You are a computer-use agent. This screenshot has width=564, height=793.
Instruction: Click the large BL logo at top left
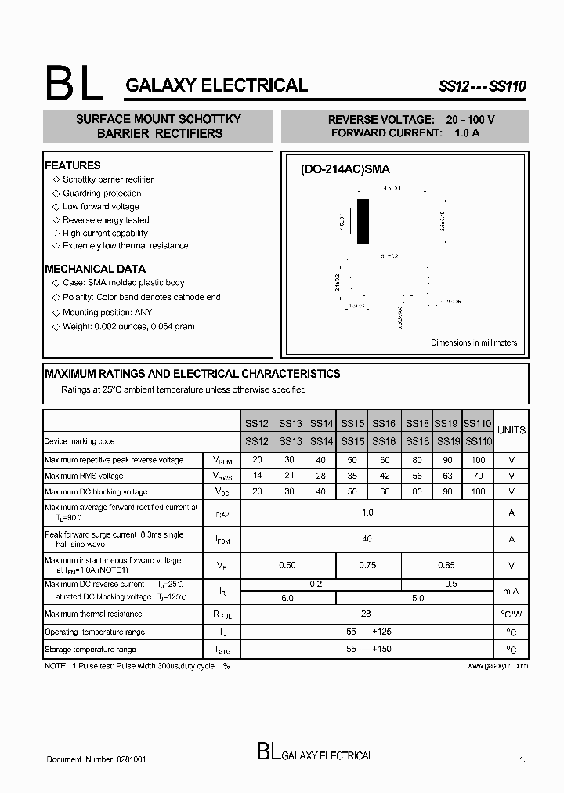click(74, 83)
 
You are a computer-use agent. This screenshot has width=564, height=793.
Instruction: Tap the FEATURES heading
click(73, 165)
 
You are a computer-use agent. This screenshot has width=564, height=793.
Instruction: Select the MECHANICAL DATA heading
click(95, 269)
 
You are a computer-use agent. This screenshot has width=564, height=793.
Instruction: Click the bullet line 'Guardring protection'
click(102, 193)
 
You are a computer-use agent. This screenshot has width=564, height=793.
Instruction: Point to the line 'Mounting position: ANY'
click(107, 312)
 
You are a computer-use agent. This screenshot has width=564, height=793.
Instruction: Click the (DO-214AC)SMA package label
click(345, 169)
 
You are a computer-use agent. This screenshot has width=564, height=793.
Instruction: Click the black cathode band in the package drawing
click(363, 223)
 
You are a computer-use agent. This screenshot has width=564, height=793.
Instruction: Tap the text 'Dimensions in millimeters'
click(474, 342)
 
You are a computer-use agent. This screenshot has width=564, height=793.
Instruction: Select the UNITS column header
click(512, 429)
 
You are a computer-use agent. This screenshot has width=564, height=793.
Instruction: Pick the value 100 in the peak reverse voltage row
click(478, 460)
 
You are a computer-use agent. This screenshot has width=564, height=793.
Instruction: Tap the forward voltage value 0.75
click(367, 564)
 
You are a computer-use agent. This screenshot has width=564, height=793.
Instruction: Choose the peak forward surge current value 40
click(367, 538)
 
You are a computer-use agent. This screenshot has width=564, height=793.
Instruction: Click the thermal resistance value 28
click(367, 614)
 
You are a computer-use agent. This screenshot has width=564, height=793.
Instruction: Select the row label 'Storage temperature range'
click(90, 649)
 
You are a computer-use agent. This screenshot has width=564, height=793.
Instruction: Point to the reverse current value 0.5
click(451, 584)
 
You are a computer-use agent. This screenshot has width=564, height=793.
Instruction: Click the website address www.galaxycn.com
click(497, 665)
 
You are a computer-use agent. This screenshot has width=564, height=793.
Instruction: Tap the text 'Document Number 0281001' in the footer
click(96, 759)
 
